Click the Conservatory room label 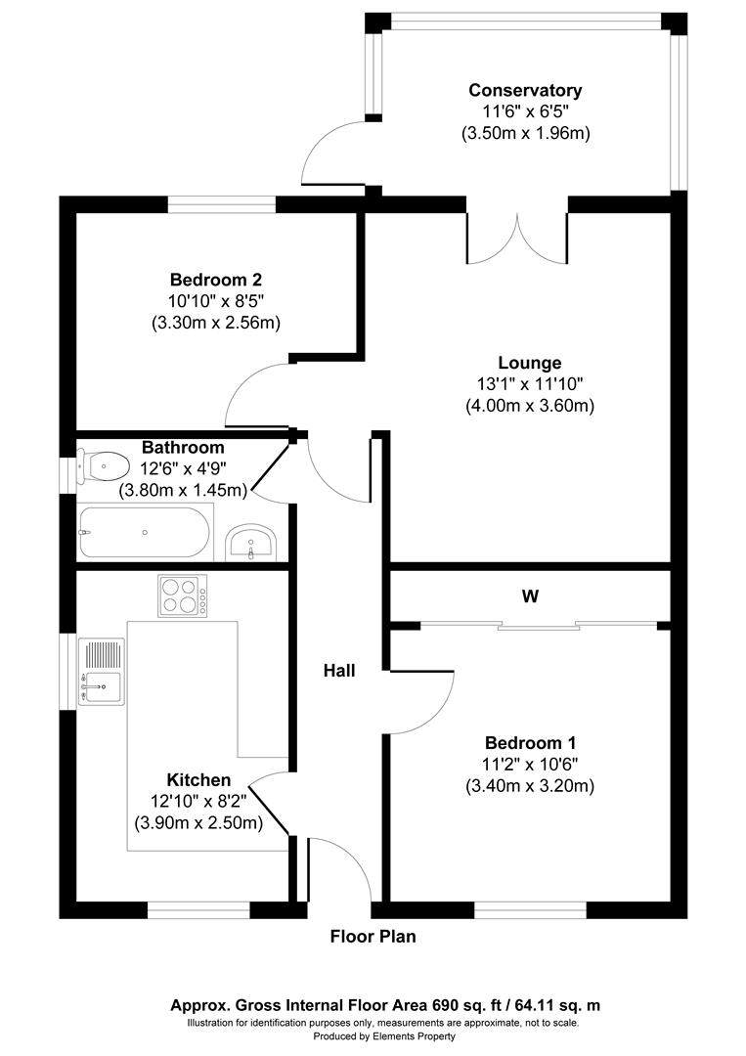(x=525, y=90)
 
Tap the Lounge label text (x=528, y=363)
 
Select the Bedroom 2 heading (x=215, y=279)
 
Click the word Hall (x=339, y=671)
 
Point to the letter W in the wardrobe (x=531, y=595)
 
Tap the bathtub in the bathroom (x=144, y=532)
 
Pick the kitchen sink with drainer (x=102, y=673)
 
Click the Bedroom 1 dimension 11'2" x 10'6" (x=530, y=764)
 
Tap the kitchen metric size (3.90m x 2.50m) (x=198, y=823)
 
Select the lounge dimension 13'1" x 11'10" (x=530, y=383)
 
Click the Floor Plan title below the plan (x=373, y=937)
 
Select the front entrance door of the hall (x=338, y=870)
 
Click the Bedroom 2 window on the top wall (x=221, y=204)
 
